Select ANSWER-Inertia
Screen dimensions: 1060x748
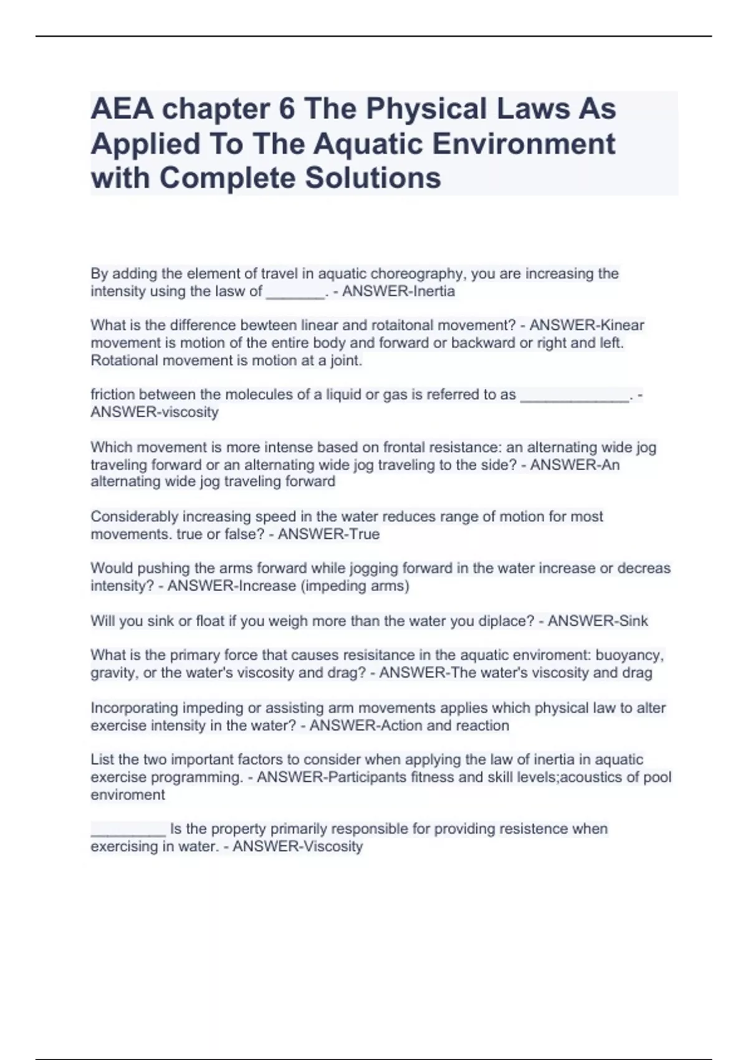point(399,291)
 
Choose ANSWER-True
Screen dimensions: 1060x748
point(328,534)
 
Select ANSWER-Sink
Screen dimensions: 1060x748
point(598,621)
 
